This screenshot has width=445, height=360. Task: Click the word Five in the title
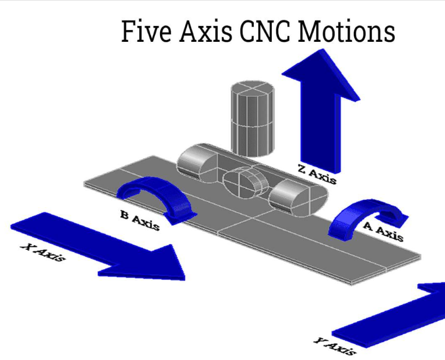146,31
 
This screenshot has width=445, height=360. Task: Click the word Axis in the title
205,31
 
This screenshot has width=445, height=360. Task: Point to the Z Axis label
317,174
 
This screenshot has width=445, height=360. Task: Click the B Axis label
140,220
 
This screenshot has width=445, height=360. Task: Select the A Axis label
383,232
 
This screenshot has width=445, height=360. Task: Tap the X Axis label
43,252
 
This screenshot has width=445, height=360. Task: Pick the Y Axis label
335,346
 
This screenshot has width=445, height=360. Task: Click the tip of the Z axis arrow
323,49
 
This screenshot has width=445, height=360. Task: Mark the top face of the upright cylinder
253,88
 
